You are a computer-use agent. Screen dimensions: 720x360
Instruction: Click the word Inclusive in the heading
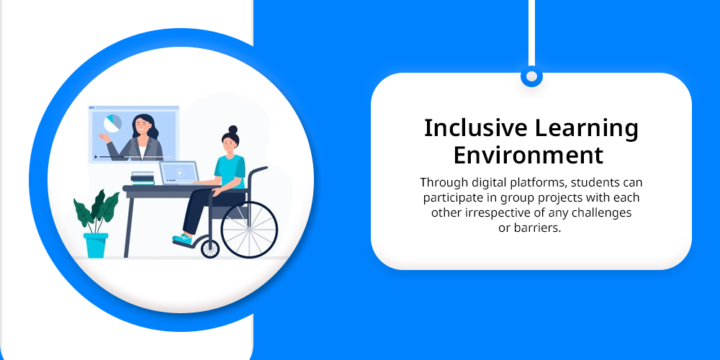point(475,128)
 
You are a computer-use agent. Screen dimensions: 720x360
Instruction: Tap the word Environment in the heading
point(528,156)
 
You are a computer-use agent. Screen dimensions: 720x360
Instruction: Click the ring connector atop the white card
point(531,76)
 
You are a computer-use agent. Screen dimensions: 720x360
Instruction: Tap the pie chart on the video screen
point(112,124)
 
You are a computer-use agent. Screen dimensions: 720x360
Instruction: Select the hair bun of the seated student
point(233,129)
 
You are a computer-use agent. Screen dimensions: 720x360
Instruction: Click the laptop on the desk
point(179,174)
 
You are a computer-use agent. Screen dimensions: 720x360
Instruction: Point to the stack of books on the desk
point(143,179)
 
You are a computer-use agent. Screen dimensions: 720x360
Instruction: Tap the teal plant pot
point(96,246)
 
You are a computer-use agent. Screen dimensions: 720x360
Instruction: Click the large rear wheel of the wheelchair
point(249,230)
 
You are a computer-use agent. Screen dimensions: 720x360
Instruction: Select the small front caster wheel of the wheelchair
point(210,249)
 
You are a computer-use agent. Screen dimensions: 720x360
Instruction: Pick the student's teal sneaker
point(182,239)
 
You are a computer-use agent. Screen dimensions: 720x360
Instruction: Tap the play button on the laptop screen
point(180,173)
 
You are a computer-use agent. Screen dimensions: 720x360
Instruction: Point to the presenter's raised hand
point(104,137)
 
